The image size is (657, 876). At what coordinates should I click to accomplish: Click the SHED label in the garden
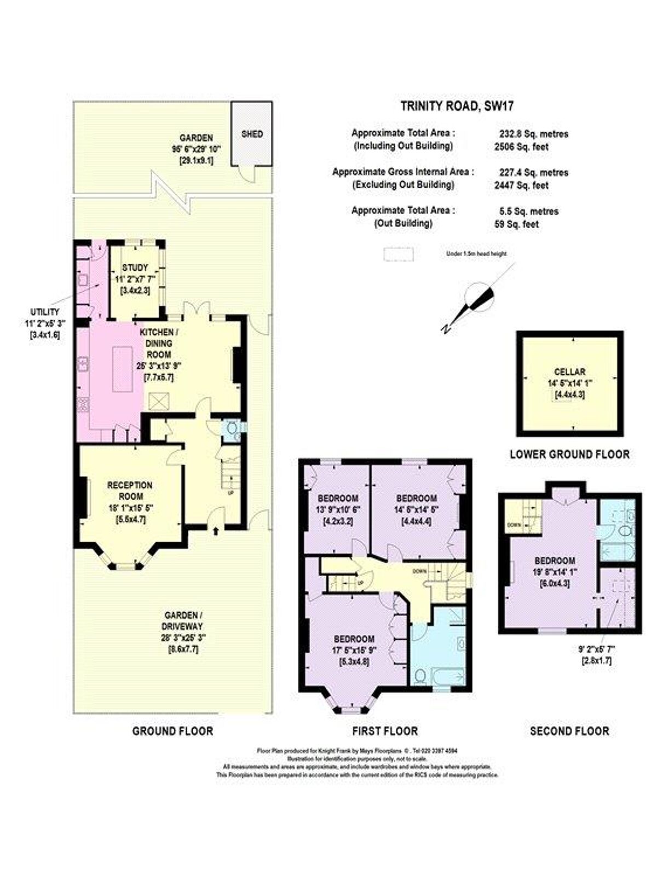point(252,134)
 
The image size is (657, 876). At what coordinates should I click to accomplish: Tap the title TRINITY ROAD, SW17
point(457,106)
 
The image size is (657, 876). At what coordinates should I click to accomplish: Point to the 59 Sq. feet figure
point(516,224)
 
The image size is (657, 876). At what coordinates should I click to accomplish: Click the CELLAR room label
point(569,372)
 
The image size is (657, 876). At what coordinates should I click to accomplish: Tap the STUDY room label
point(135,268)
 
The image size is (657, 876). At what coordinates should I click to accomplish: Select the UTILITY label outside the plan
point(44,312)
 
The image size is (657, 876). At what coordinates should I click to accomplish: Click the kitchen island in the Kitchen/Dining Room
point(123,368)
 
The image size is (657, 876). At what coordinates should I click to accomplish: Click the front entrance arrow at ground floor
point(214,530)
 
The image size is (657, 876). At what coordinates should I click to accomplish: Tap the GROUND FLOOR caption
point(172,731)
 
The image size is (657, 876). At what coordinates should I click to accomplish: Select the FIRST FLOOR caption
point(385,731)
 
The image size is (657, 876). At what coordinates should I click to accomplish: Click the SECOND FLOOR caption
point(569,731)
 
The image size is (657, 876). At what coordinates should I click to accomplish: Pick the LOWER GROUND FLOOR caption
point(569,454)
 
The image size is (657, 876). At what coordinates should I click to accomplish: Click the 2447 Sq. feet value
point(521,185)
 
